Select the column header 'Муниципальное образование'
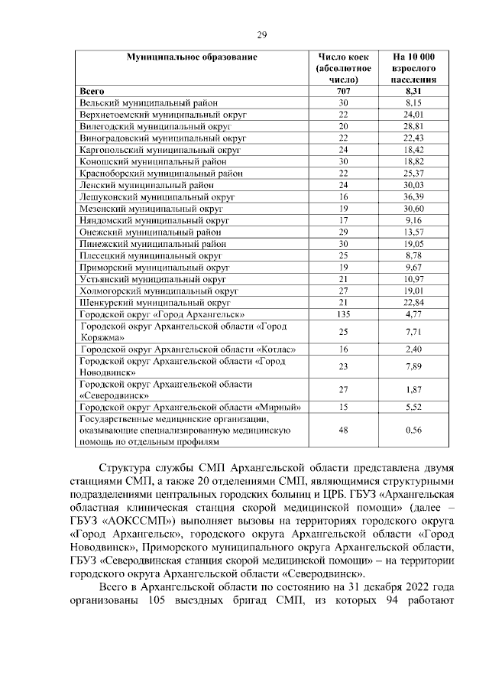point(192,57)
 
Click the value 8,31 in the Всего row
point(413,91)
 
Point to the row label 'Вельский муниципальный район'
point(143,102)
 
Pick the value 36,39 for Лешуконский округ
point(413,197)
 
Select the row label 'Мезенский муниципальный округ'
point(151,209)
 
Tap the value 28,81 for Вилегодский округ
point(413,126)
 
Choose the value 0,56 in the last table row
point(413,430)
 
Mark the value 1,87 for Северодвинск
point(413,389)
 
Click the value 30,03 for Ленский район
point(413,185)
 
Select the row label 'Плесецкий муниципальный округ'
point(151,256)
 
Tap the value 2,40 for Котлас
point(413,349)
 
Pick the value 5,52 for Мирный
point(413,408)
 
